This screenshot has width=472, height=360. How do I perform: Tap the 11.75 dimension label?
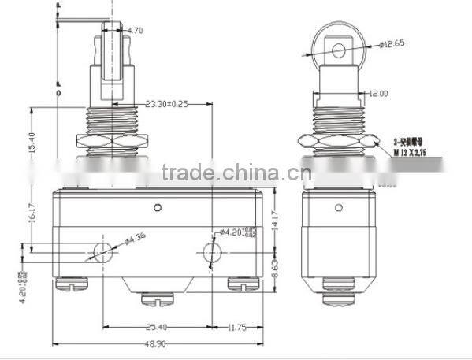pyautogui.click(x=239, y=327)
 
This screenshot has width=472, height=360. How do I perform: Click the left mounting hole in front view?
pyautogui.click(x=103, y=252)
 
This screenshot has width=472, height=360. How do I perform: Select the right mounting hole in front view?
pyautogui.click(x=212, y=253)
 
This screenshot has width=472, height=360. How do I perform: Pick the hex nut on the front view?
pyautogui.click(x=106, y=142)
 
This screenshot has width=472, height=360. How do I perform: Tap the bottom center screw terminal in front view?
pyautogui.click(x=154, y=299)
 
